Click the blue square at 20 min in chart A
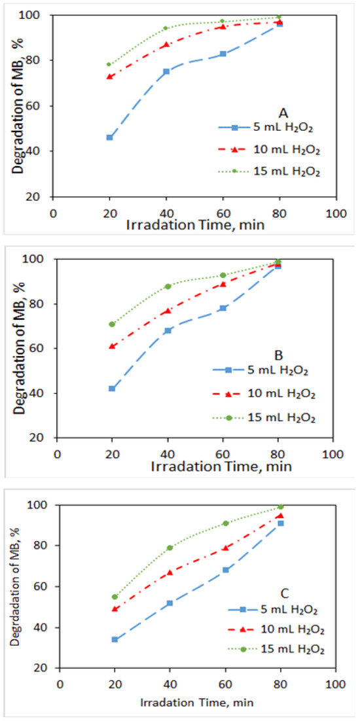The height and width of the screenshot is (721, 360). [x=109, y=137]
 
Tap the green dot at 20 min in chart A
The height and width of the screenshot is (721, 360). [x=109, y=64]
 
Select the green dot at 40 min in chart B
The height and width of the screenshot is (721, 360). [x=168, y=286]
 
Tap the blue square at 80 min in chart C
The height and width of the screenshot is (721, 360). [x=281, y=523]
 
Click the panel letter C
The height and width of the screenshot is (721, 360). [x=284, y=593]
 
